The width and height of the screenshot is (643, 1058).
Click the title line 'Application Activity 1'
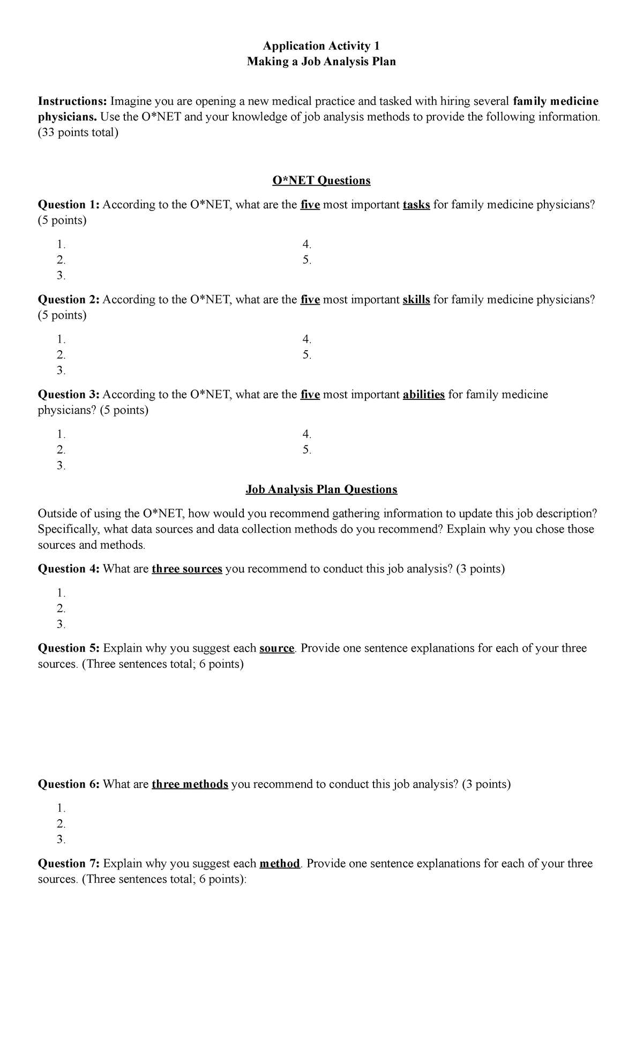pyautogui.click(x=321, y=46)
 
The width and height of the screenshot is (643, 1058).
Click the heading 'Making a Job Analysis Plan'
pyautogui.click(x=321, y=62)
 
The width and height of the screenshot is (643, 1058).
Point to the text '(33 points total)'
pyautogui.click(x=77, y=132)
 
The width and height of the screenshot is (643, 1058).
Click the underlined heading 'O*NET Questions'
pyautogui.click(x=321, y=180)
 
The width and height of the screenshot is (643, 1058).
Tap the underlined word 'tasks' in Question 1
pyautogui.click(x=416, y=205)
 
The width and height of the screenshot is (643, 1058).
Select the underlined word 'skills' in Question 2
pyautogui.click(x=416, y=299)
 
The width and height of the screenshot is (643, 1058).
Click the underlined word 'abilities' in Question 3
pyautogui.click(x=423, y=395)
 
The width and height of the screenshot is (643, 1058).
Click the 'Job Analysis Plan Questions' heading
pyautogui.click(x=321, y=489)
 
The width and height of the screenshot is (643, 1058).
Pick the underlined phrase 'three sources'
pyautogui.click(x=187, y=569)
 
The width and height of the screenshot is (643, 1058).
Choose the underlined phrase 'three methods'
pyautogui.click(x=190, y=784)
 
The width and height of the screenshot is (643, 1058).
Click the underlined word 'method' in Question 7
pyautogui.click(x=279, y=864)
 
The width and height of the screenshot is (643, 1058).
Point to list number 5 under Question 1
pyautogui.click(x=306, y=260)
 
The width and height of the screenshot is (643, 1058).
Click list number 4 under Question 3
pyautogui.click(x=306, y=434)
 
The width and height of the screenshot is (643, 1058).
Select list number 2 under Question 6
pyautogui.click(x=61, y=823)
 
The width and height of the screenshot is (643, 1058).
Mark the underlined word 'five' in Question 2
pyautogui.click(x=310, y=299)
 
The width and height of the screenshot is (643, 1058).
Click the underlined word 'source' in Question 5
pyautogui.click(x=276, y=648)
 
